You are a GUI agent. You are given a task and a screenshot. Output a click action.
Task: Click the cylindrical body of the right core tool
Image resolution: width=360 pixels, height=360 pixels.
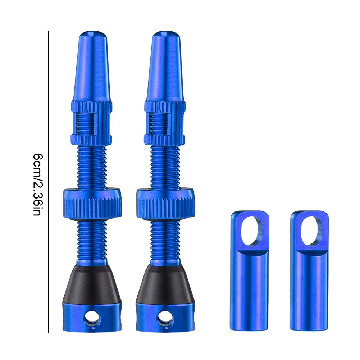tap(309, 288)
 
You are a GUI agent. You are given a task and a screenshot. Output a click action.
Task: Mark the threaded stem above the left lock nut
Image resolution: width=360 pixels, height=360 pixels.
tap(92, 165)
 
